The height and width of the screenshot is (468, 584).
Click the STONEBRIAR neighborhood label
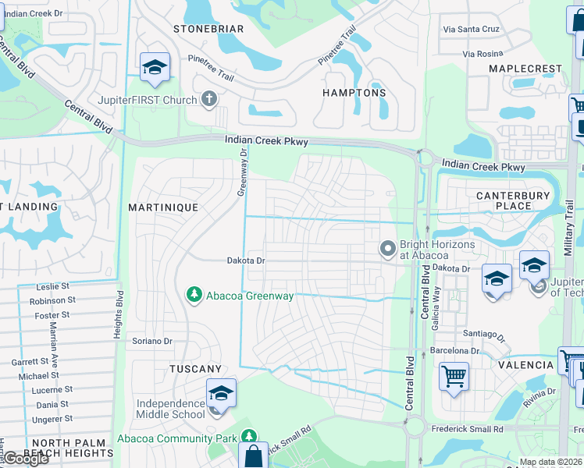[x=208, y=29]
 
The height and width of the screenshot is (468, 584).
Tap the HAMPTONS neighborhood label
[x=354, y=93]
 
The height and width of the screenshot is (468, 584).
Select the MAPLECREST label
[x=525, y=69]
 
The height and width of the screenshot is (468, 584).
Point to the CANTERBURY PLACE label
[x=503, y=200]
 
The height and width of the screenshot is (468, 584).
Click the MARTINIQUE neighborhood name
[x=162, y=207]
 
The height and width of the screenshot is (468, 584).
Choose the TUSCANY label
[x=195, y=368]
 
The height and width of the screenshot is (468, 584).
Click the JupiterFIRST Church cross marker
[x=208, y=99]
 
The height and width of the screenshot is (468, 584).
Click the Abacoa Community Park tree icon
[x=248, y=438]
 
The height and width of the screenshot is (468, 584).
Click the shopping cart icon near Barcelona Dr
[x=454, y=377]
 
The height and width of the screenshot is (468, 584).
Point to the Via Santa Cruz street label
[x=470, y=29]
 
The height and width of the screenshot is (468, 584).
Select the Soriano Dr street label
[x=151, y=341]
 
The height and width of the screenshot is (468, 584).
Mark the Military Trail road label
[x=568, y=227]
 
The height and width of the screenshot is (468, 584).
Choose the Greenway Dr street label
[x=242, y=173]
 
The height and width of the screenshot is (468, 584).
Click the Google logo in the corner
[x=25, y=459]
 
